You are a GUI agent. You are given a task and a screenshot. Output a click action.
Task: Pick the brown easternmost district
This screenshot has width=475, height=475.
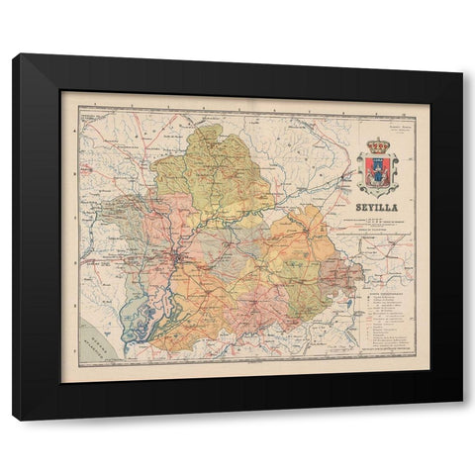pos(341,272)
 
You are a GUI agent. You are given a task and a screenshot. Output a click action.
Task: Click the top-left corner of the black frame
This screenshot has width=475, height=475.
pos(15,56)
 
